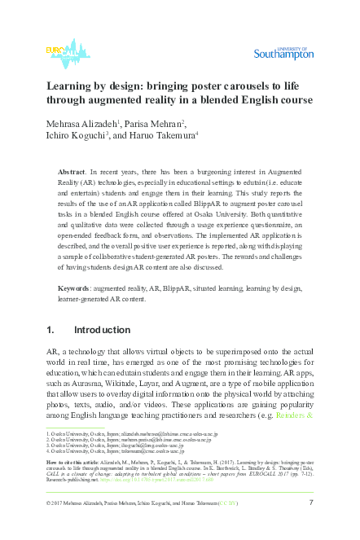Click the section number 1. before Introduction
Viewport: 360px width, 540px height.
pyautogui.click(x=50, y=353)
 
